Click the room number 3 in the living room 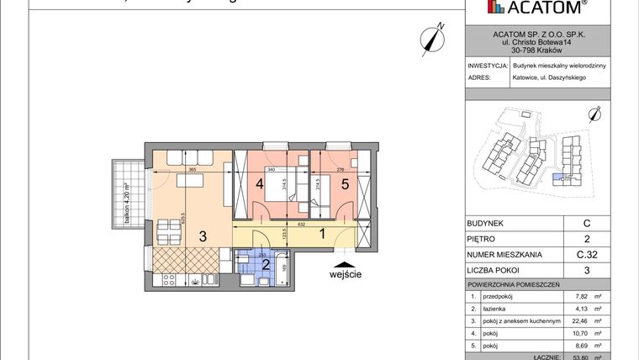[203, 236]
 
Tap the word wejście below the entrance [346, 273]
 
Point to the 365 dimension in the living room [192, 170]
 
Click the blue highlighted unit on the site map [557, 177]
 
